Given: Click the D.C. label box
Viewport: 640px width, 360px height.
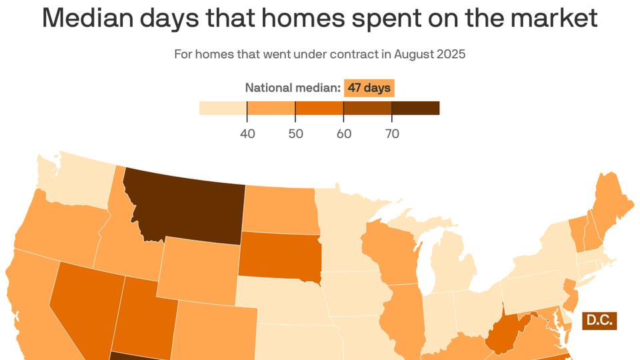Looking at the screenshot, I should click(x=599, y=321).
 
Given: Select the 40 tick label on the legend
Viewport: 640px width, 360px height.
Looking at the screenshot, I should click(x=247, y=133).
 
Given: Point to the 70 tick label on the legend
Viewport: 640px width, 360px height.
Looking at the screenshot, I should click(x=392, y=133).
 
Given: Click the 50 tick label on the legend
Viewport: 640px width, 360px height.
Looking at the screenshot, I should click(x=295, y=133).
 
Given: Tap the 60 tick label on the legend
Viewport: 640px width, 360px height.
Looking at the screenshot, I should click(x=344, y=133).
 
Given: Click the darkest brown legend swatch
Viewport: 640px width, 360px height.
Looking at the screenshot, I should click(x=415, y=108).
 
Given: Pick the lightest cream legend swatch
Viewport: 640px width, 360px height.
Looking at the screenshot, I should click(x=223, y=108).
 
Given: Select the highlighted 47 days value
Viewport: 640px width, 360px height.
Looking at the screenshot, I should click(x=369, y=88).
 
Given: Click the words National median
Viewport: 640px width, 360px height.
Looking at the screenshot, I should click(x=293, y=88).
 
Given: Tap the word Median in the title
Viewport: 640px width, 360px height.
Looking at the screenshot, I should click(x=91, y=19).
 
